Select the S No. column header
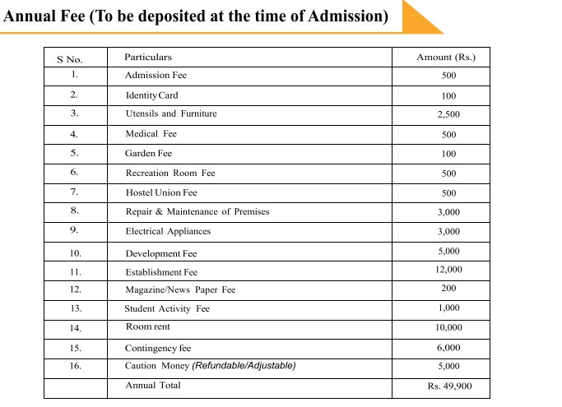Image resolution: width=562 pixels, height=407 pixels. point(70,59)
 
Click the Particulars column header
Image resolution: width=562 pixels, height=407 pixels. point(148,57)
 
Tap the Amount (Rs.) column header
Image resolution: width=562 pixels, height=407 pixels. point(446,57)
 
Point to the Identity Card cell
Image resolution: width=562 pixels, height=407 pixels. point(151,95)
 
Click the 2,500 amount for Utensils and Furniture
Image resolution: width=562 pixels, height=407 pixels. point(448,115)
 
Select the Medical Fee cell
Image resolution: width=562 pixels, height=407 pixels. point(151,133)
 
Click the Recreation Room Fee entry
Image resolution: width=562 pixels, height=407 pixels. point(170,173)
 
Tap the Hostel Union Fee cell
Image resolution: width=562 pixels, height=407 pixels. point(161,192)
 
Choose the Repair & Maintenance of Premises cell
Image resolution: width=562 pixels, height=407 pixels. point(197,211)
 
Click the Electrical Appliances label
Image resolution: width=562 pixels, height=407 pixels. point(168,231)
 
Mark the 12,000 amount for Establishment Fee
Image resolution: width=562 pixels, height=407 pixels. point(448,270)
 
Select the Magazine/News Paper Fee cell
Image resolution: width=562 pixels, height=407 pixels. point(180,289)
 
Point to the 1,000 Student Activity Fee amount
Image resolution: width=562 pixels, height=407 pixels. point(448,308)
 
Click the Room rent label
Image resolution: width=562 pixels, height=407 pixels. point(148,326)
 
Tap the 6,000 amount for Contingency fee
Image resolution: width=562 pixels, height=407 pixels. point(448,348)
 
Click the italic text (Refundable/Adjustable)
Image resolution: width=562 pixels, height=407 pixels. point(244,365)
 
